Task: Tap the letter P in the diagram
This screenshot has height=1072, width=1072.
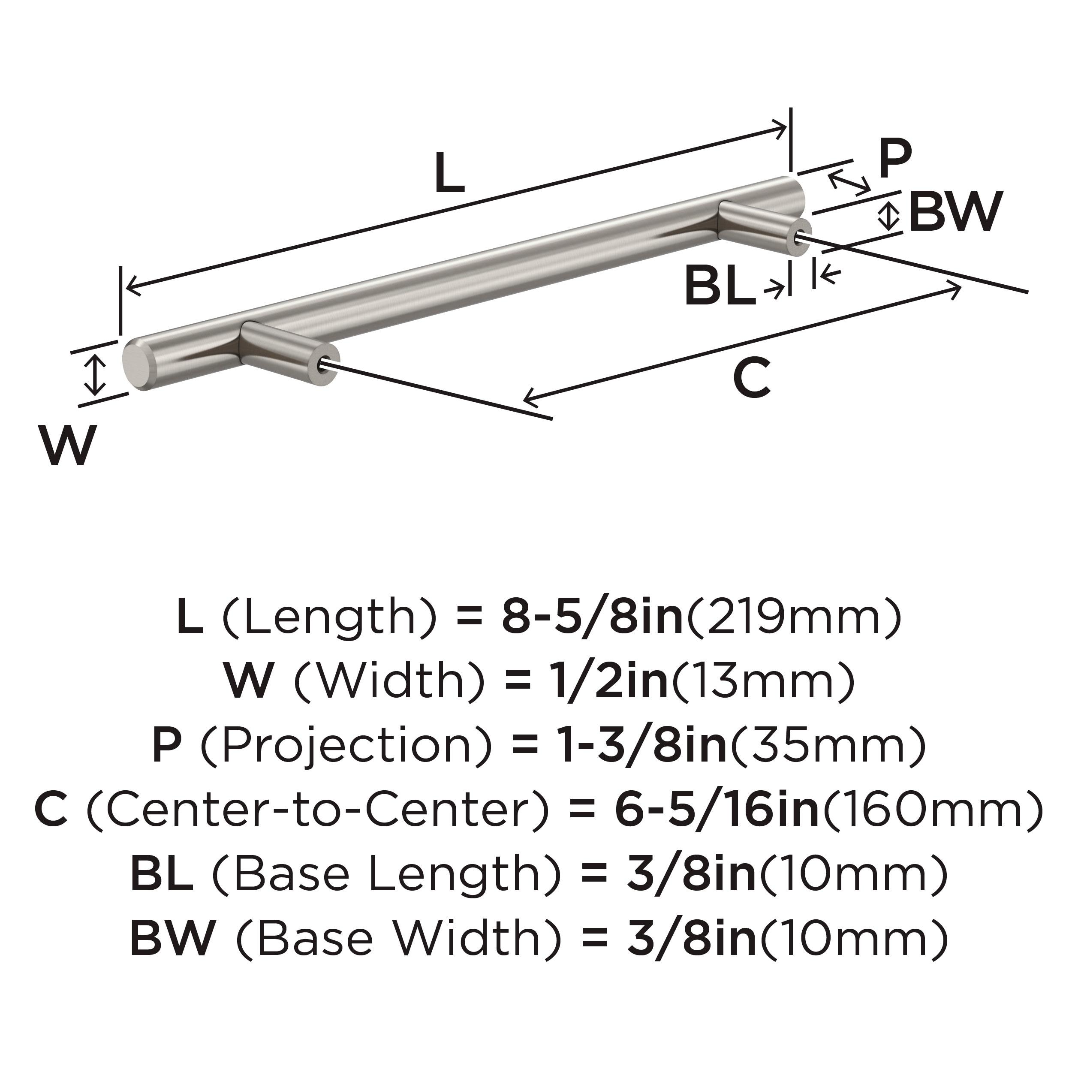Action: point(894,159)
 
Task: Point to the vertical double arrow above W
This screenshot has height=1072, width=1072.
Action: point(96,376)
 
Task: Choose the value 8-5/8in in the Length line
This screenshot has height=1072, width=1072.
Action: point(592,617)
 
